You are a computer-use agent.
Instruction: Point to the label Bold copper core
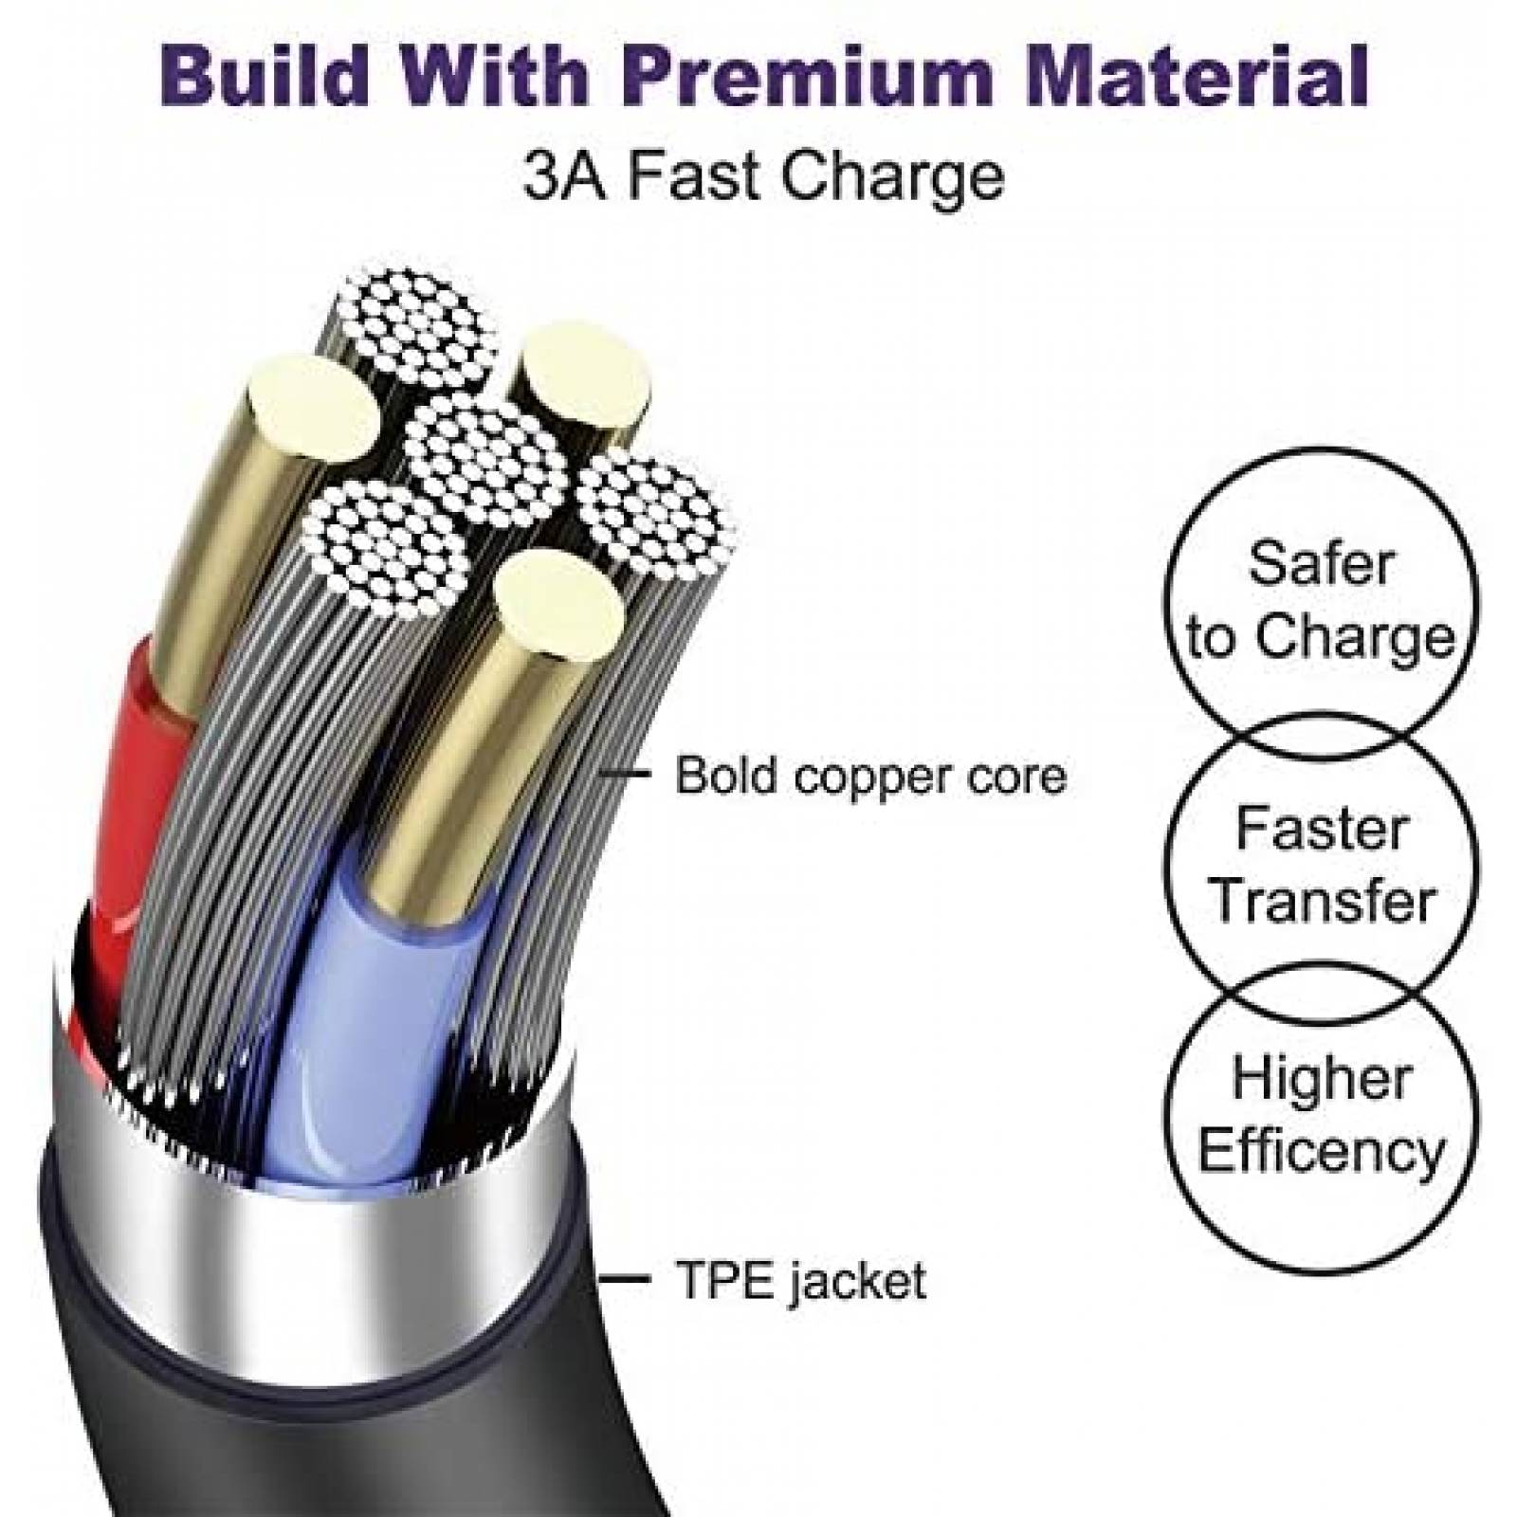pyautogui.click(x=870, y=776)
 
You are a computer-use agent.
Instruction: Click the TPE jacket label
pyautogui.click(x=800, y=1280)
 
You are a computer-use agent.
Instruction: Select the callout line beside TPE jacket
pyautogui.click(x=624, y=1280)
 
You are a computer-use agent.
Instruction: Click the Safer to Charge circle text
pyautogui.click(x=1321, y=600)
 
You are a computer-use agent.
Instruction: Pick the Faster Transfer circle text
pyautogui.click(x=1322, y=864)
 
